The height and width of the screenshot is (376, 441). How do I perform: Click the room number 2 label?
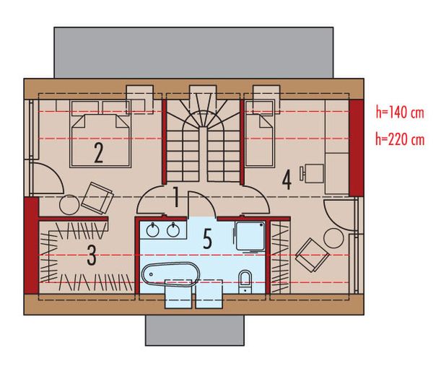[97, 153]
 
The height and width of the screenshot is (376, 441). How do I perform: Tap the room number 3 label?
[92, 256]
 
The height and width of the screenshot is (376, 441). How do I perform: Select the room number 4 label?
[287, 180]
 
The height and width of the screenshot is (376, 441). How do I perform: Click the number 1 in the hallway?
[176, 197]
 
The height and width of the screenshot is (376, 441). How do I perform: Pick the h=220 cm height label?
[399, 140]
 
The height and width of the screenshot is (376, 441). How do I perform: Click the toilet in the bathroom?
[245, 279]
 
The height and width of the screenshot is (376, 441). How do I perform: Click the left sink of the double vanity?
[153, 231]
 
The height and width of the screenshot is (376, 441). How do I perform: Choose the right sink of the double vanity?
[173, 231]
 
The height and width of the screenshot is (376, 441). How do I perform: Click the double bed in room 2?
[98, 139]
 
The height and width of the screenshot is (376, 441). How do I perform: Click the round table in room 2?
[70, 205]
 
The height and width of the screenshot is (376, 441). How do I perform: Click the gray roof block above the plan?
[193, 51]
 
